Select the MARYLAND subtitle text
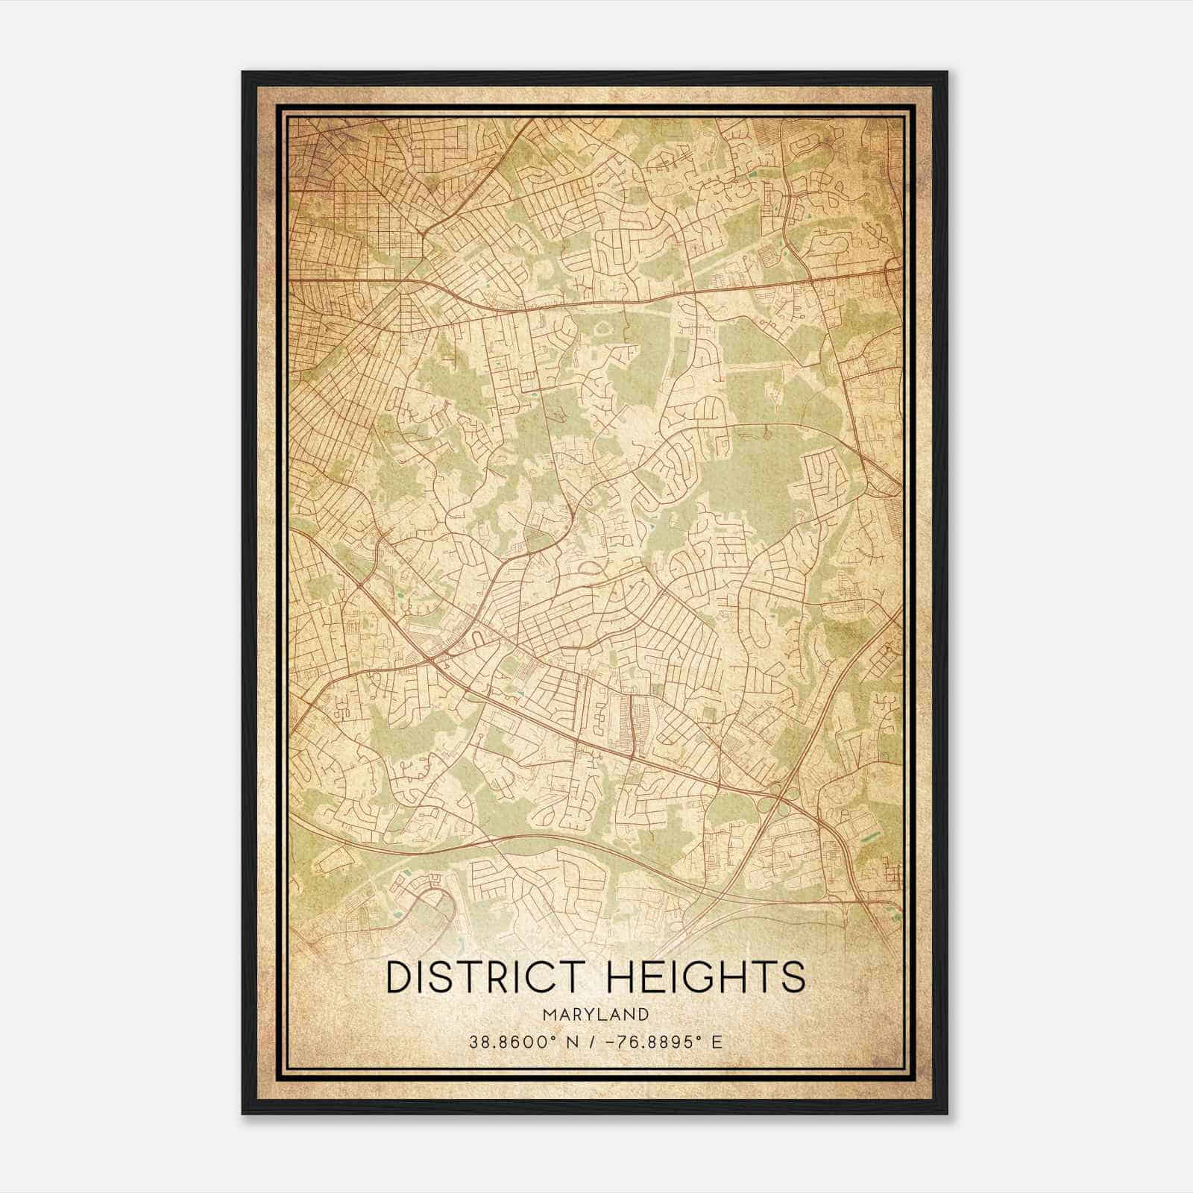click(596, 1015)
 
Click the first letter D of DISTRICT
click(400, 977)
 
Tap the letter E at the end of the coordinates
click(717, 1042)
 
